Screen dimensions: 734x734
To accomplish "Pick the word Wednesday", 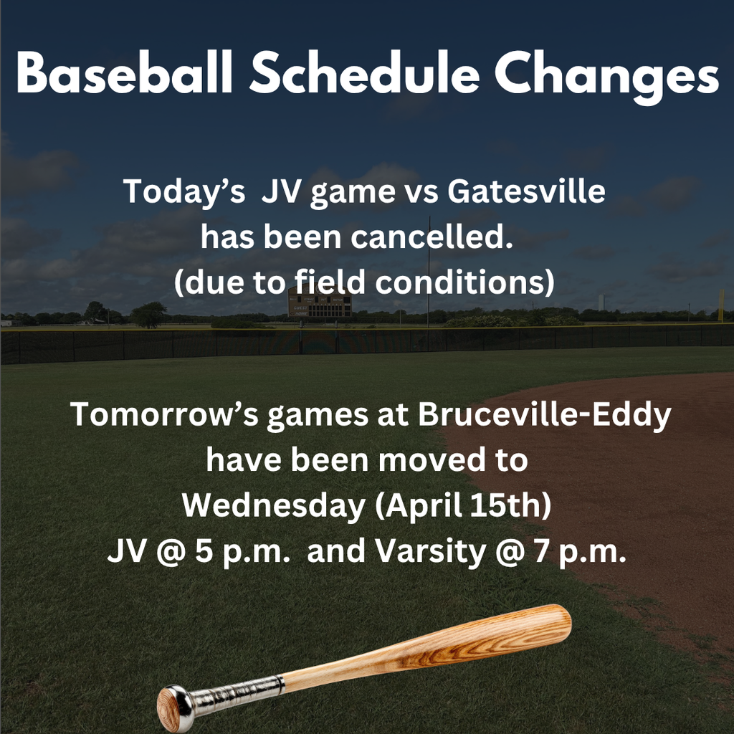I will click(x=272, y=506).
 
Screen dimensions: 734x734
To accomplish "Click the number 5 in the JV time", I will click(x=200, y=553).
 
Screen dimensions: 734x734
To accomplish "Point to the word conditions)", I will click(x=465, y=282).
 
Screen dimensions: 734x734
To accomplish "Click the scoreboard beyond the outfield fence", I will click(x=320, y=305).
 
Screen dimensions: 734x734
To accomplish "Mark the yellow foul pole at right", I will click(x=721, y=304).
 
